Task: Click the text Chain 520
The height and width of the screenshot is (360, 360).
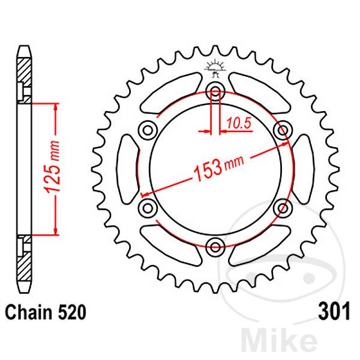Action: (45, 313)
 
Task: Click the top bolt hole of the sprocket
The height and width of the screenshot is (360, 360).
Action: (215, 91)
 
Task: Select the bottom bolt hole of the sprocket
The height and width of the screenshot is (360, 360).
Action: (215, 244)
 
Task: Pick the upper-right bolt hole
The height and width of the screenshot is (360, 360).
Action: (281, 130)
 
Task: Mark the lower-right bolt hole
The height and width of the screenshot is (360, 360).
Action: (281, 207)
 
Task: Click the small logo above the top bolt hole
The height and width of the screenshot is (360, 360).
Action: (215, 67)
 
